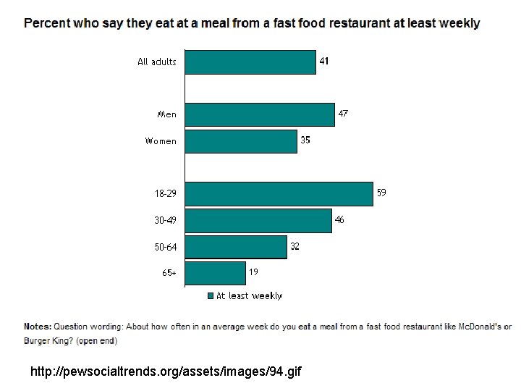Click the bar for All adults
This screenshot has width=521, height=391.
click(250, 62)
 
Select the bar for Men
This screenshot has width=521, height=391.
click(260, 114)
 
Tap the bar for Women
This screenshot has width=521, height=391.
click(241, 142)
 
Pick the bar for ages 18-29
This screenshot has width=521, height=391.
click(279, 194)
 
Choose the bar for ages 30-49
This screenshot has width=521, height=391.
click(258, 221)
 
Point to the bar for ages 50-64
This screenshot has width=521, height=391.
click(236, 247)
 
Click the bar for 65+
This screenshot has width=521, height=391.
click(216, 273)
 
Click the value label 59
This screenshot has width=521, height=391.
click(381, 193)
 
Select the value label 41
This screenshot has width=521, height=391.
click(324, 61)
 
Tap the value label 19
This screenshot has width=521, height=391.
click(253, 272)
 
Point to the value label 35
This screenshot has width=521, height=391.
click(305, 140)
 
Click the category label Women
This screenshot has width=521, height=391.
click(161, 141)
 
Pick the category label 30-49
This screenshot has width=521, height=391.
click(165, 220)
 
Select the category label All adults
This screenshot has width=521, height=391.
click(157, 62)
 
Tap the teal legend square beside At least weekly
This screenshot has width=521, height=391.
click(211, 296)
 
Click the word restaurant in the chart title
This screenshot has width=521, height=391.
click(360, 23)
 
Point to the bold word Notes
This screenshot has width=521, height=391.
click(38, 327)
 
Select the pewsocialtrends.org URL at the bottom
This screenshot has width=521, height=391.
click(166, 371)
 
